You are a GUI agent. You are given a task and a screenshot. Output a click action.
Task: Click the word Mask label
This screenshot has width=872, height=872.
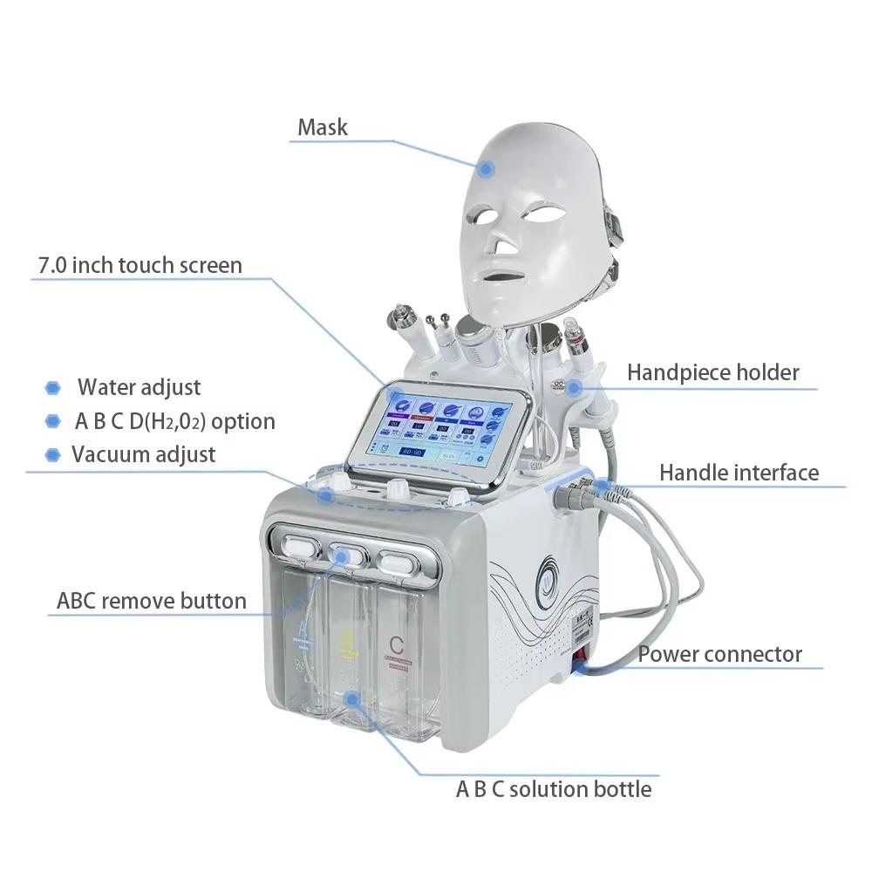(323, 127)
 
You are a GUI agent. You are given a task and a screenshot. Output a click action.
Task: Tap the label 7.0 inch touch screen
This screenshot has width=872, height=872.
(140, 265)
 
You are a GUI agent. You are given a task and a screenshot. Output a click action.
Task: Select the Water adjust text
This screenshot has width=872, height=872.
(140, 387)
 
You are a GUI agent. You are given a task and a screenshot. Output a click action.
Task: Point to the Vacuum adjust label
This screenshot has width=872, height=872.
(143, 454)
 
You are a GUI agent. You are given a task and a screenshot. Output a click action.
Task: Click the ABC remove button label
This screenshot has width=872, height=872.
(152, 601)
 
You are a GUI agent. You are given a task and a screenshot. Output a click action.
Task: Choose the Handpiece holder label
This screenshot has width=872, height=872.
(712, 372)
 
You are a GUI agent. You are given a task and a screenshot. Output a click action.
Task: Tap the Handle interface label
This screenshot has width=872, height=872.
(739, 473)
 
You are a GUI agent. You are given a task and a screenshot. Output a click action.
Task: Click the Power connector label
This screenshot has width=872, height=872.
(719, 654)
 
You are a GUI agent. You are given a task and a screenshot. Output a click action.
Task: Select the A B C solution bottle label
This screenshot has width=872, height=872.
(554, 789)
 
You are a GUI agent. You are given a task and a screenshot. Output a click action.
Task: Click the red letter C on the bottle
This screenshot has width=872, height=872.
(396, 646)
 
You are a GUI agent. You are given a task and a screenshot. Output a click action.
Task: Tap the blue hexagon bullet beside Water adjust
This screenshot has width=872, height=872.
(53, 388)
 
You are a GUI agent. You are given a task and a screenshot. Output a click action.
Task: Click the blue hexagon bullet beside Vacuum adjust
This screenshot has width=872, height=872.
(53, 454)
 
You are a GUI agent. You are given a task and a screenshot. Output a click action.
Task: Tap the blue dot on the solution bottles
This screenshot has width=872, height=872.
(351, 698)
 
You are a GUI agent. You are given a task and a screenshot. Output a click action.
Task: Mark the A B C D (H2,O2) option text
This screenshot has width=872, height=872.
(174, 421)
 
